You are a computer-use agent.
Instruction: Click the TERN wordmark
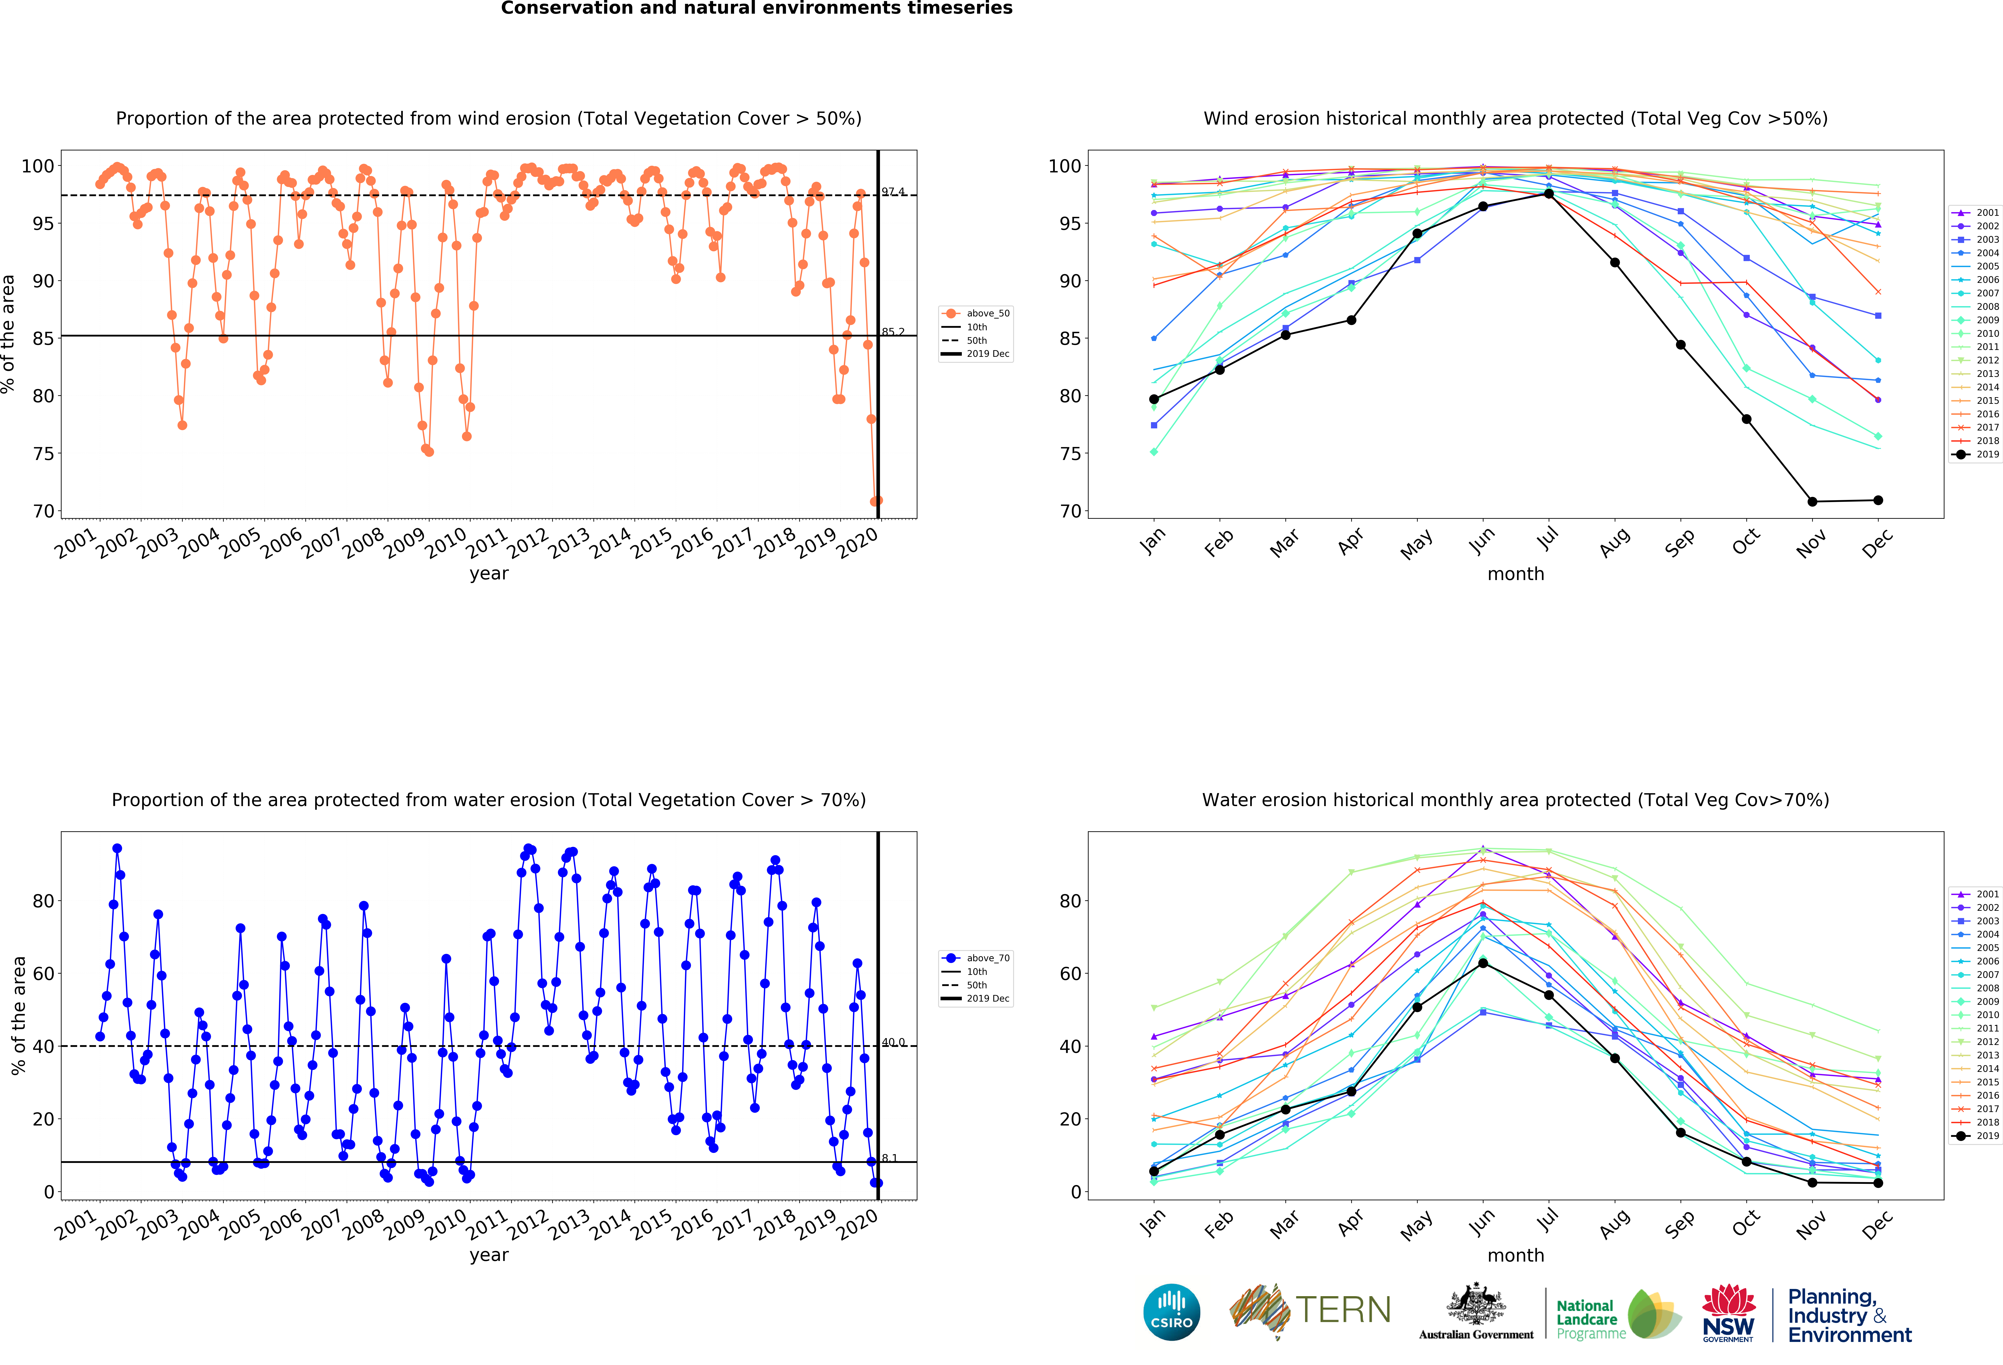pos(1343,1310)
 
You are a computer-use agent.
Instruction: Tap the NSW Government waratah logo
pos(1728,1312)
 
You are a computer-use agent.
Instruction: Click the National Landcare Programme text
pos(1590,1319)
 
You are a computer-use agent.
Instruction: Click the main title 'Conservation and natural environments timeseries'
pos(757,9)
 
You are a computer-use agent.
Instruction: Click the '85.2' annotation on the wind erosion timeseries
pos(893,332)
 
